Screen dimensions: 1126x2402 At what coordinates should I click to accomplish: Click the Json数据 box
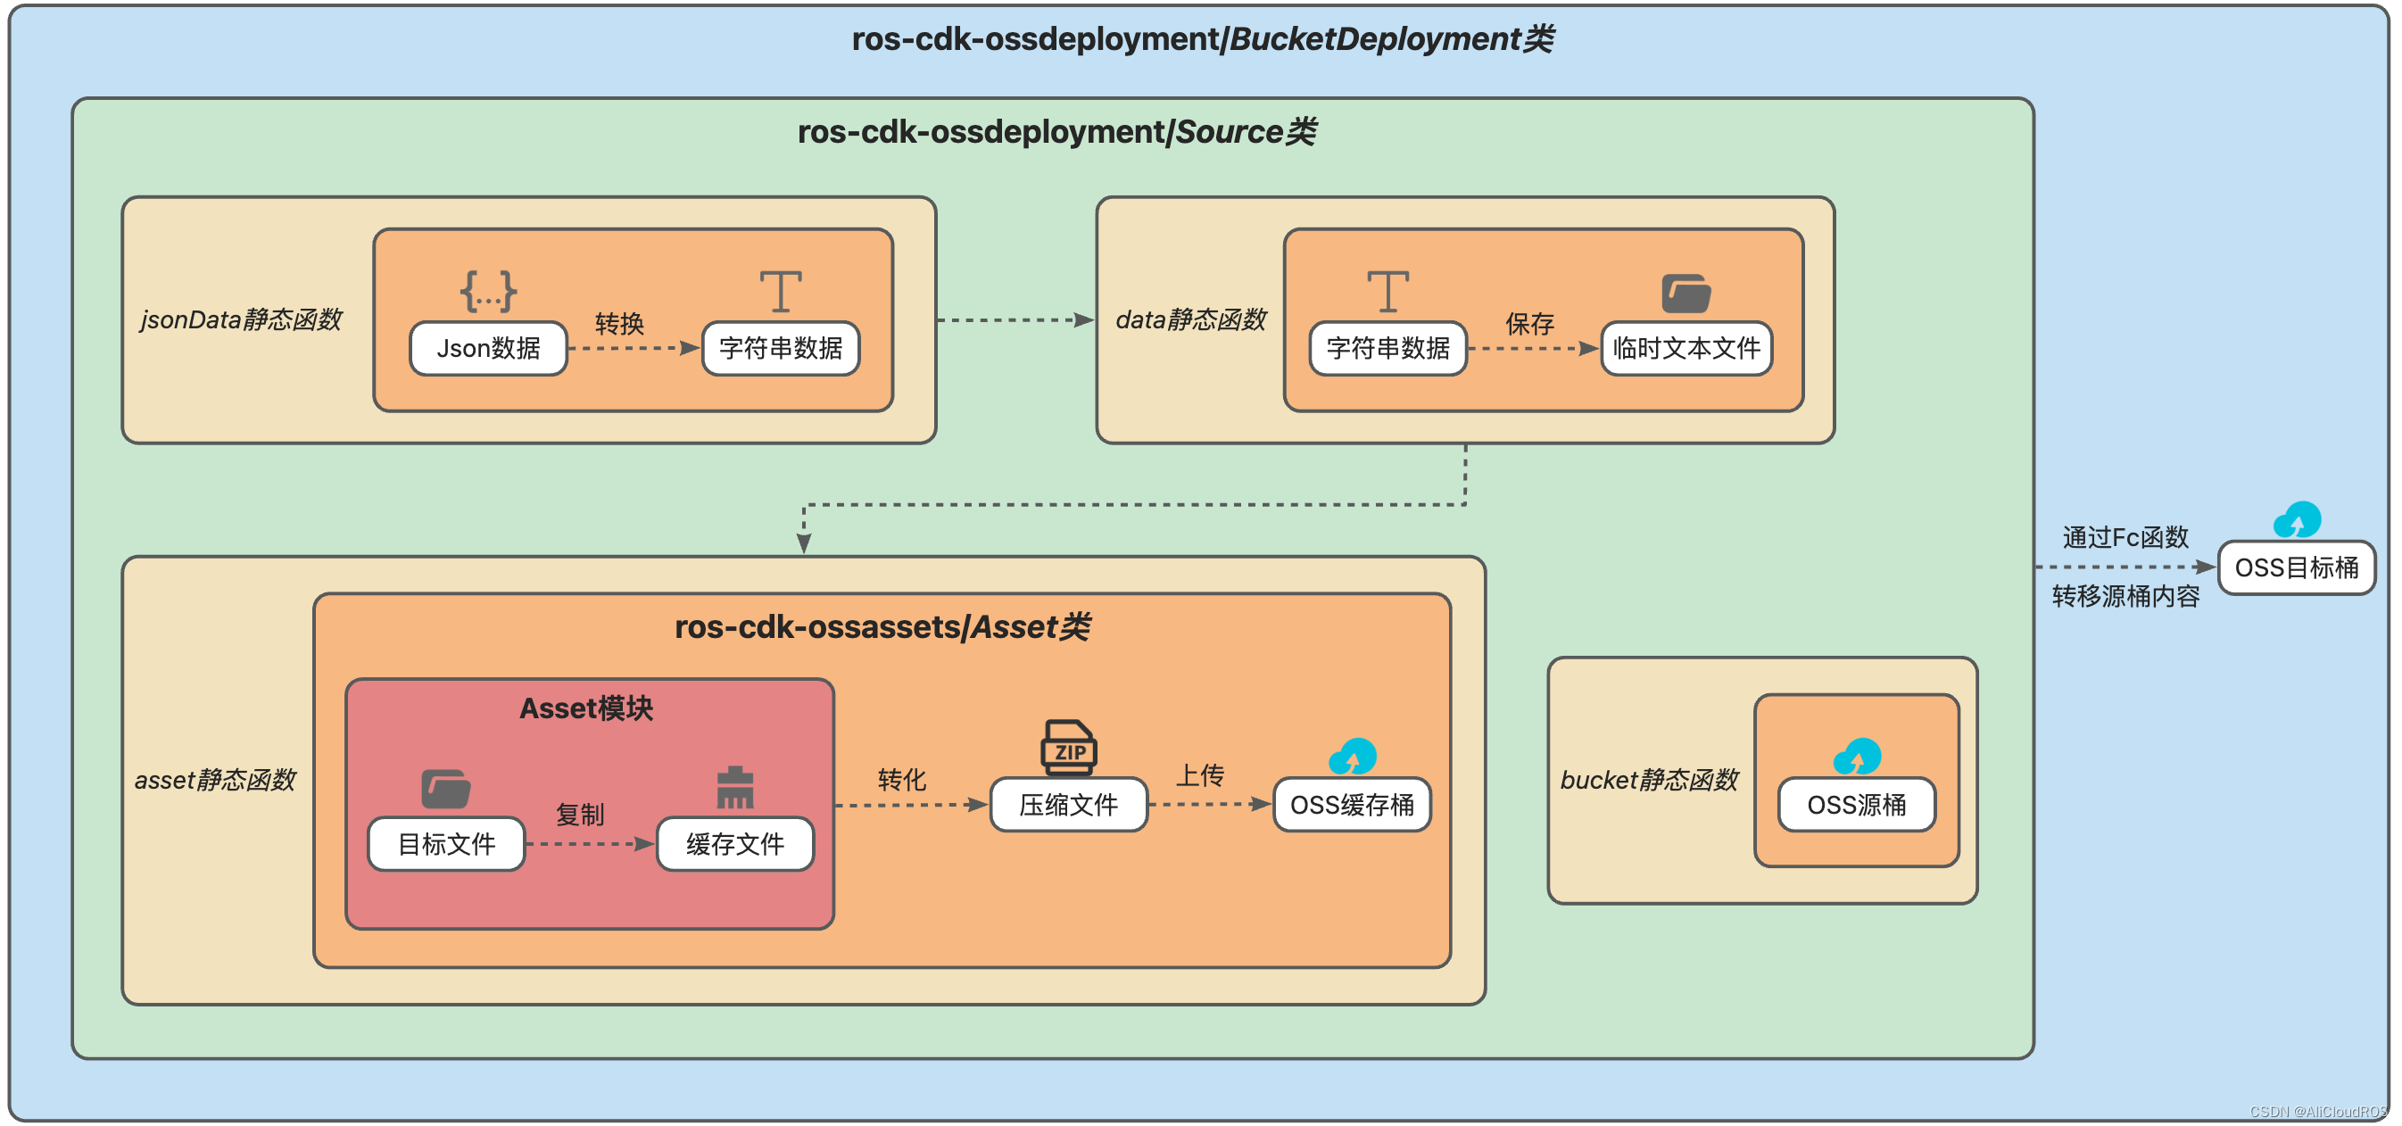(489, 349)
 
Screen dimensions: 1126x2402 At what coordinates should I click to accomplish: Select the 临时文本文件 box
(1686, 349)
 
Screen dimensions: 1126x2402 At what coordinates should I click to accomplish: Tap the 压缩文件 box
(1069, 805)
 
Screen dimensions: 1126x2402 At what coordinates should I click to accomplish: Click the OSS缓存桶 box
(1352, 805)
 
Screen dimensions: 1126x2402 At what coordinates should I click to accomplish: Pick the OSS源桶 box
(1857, 805)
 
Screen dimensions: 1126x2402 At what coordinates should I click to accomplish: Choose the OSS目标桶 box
(2297, 567)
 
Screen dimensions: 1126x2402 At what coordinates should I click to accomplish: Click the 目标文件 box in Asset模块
(447, 844)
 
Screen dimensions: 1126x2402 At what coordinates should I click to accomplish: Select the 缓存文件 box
(734, 844)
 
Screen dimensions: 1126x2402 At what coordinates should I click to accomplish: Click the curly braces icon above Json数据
(489, 291)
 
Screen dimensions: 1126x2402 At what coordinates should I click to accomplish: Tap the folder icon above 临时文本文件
(1686, 293)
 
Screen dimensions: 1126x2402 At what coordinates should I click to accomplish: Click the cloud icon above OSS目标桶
(2297, 520)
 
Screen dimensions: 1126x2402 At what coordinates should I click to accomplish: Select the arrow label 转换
(619, 324)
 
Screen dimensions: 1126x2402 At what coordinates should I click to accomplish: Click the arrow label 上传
(1200, 774)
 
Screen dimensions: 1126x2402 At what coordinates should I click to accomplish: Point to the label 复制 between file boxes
(580, 815)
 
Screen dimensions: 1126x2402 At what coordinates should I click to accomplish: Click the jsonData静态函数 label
(241, 319)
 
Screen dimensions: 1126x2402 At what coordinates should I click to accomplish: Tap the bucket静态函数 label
(1649, 779)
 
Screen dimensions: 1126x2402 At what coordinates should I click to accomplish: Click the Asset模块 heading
(585, 708)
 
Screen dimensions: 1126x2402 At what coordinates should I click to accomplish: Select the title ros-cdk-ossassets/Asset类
(882, 627)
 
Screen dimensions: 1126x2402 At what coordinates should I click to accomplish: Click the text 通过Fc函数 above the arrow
(2125, 537)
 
